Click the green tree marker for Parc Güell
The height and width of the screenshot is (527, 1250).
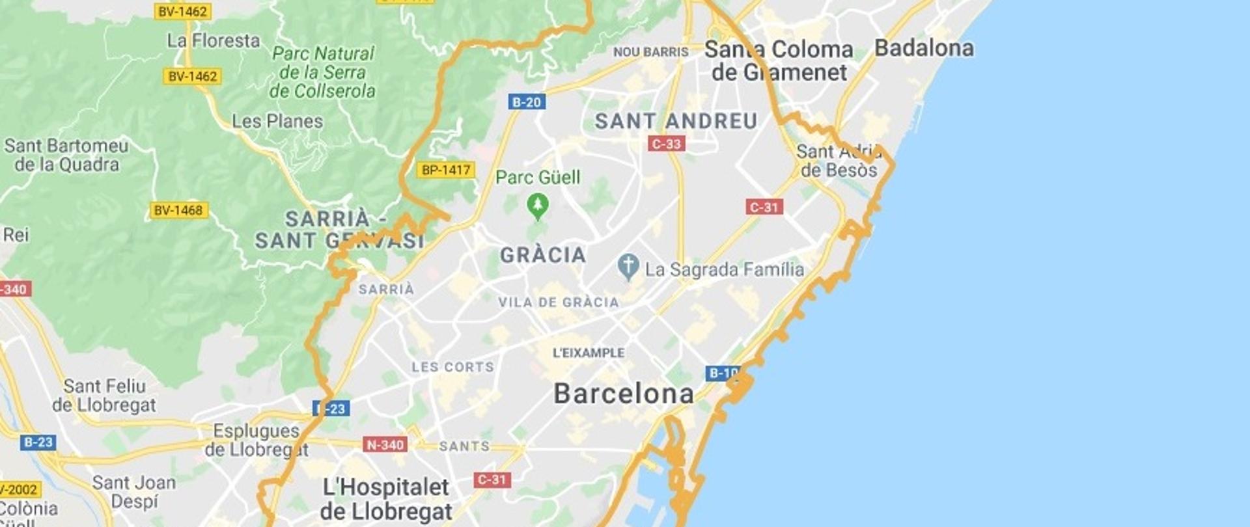point(537,206)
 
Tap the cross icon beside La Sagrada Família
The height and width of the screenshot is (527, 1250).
point(628,266)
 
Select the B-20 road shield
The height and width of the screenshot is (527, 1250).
point(526,102)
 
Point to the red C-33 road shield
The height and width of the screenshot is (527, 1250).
point(666,144)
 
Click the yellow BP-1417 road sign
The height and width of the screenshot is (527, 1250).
point(445,170)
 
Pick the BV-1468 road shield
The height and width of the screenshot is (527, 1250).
point(178,210)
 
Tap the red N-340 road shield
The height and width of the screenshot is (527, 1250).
point(385,445)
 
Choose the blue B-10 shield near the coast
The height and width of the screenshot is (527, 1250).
point(723,373)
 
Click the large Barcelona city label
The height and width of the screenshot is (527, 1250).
point(623,394)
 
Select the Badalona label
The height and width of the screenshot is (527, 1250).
point(923,48)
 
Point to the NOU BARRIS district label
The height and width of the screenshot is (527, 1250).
point(650,52)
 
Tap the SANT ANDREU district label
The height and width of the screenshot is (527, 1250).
point(676,121)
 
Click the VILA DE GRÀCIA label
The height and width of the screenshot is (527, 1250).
point(558,303)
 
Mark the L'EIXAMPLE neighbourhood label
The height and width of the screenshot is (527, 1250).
point(589,353)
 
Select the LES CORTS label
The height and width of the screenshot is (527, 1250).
point(452,367)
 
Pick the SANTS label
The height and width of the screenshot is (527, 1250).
point(464,446)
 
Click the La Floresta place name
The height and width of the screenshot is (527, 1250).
point(213,41)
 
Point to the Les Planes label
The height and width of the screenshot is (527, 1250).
point(277,121)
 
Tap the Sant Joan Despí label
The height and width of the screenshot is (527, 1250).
point(133,492)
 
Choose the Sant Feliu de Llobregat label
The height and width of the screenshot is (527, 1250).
point(104,396)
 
